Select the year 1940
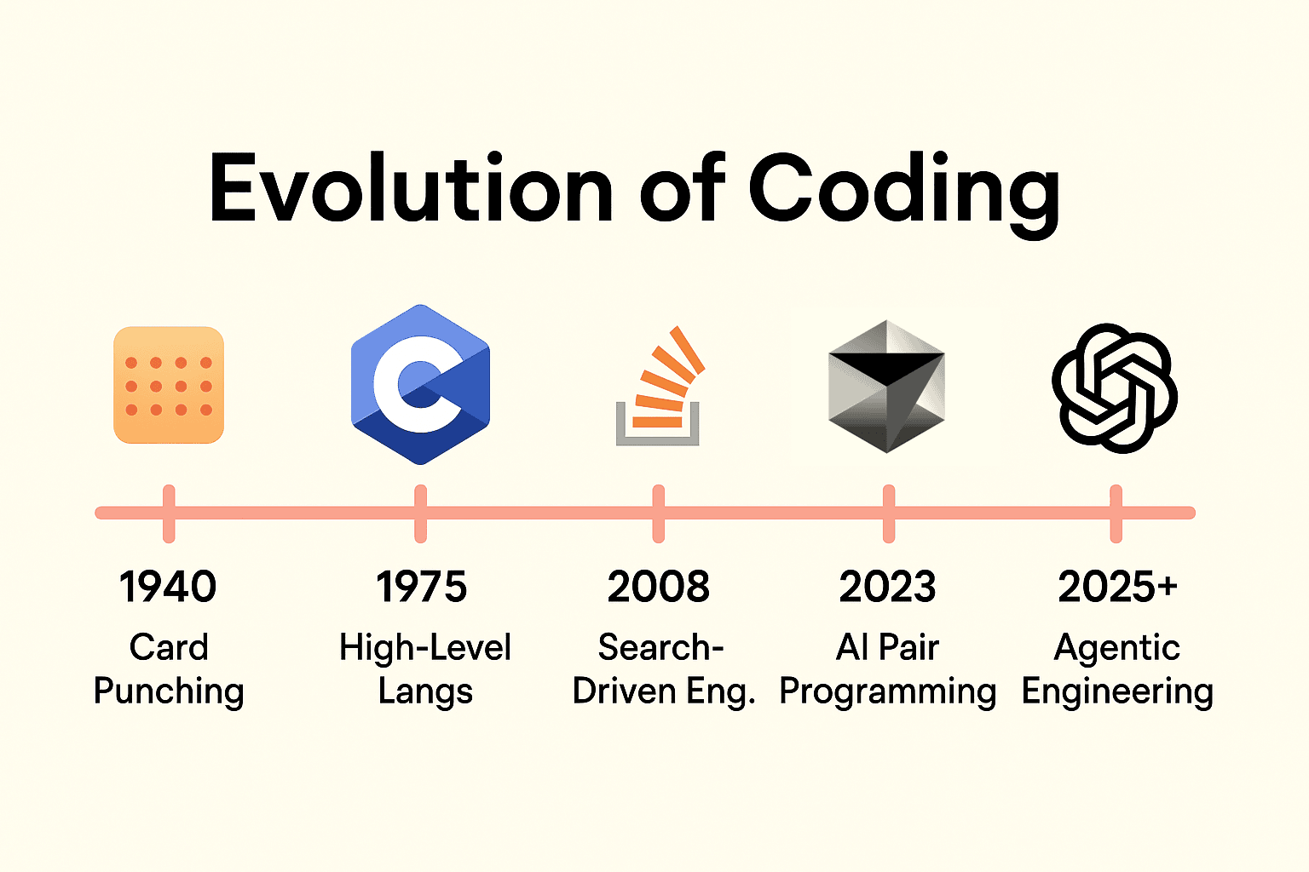click(168, 587)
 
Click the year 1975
click(421, 587)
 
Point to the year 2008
click(659, 587)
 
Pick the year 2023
click(888, 587)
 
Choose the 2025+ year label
click(1117, 587)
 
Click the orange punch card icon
click(169, 385)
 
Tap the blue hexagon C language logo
click(421, 384)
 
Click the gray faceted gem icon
click(887, 386)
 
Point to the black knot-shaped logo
click(1115, 388)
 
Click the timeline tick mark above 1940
click(169, 513)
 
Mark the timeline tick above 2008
click(659, 513)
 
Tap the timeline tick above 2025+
click(1116, 513)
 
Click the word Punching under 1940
click(169, 692)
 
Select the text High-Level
click(425, 647)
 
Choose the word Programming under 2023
click(888, 692)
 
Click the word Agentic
click(1117, 648)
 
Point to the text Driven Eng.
click(664, 692)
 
